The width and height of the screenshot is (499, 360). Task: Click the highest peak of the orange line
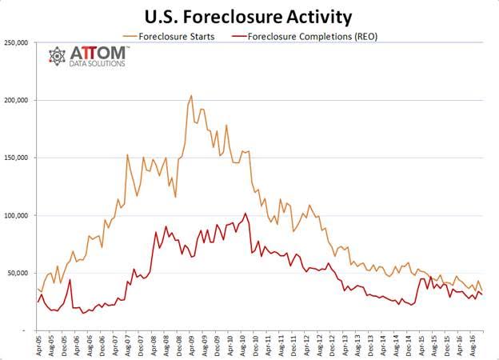coord(190,96)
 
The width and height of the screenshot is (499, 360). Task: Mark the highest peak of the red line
coord(245,214)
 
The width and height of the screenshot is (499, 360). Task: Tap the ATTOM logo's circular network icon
coord(58,56)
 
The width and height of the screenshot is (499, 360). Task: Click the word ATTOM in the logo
coord(97,53)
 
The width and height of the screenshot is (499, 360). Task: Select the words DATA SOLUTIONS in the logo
coord(97,64)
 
